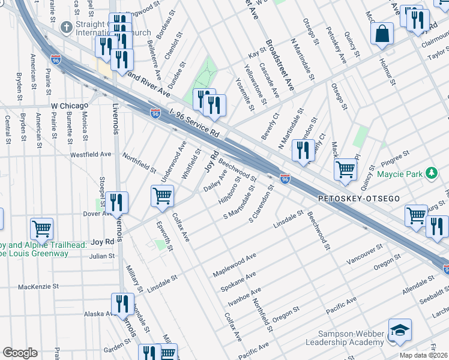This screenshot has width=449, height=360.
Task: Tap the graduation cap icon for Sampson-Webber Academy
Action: point(400,331)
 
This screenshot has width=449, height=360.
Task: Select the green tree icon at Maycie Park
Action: point(431,174)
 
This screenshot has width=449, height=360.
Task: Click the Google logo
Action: point(20,353)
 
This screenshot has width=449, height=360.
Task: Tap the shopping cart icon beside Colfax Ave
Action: point(162,196)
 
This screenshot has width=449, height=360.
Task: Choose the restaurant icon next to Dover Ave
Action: point(116,202)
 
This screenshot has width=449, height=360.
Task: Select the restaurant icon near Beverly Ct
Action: point(303,150)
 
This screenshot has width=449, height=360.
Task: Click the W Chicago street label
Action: point(70,106)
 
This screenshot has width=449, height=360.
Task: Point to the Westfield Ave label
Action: point(91,154)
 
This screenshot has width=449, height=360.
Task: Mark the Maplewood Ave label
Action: point(235,265)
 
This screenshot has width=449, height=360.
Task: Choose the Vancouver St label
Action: point(364,256)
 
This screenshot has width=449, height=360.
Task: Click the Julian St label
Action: point(102,256)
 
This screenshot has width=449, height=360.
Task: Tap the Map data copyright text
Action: point(423,355)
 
